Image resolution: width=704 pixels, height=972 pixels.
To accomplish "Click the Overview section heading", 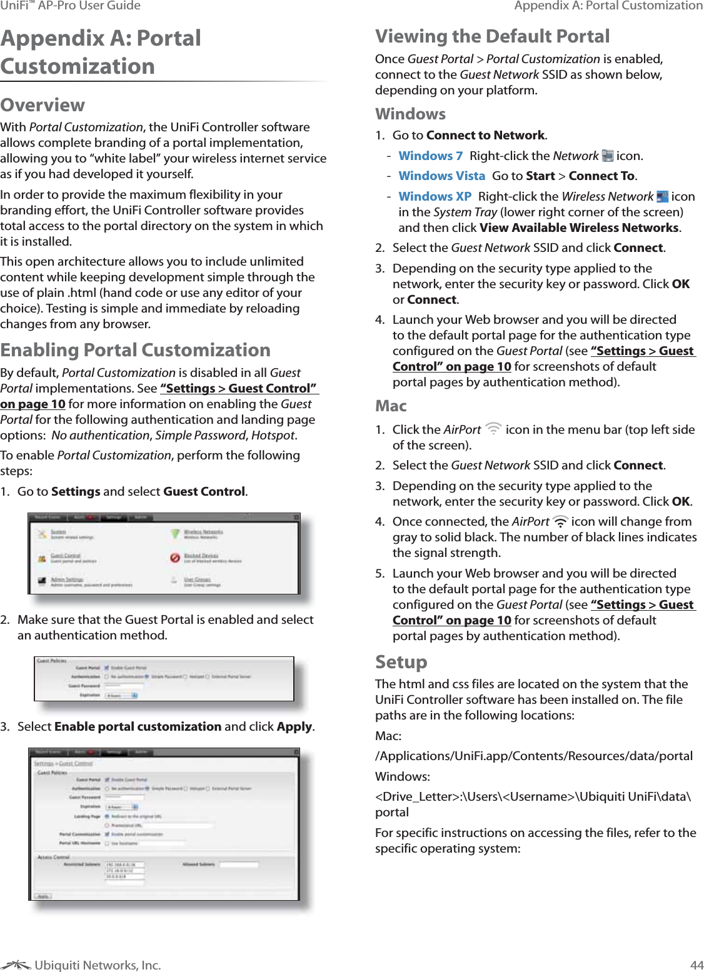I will pos(43,105).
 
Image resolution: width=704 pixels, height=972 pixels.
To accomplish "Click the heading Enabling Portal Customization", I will pos(136,350).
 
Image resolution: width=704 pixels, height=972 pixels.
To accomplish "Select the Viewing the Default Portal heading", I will pos(492,36).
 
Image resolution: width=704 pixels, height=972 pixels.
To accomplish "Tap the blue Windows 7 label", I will pos(430,156).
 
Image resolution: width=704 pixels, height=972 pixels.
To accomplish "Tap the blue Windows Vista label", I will pos(441,176).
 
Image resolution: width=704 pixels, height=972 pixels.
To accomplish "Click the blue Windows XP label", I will pos(435,196).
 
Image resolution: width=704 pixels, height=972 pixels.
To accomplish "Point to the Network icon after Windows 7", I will pos(607,156).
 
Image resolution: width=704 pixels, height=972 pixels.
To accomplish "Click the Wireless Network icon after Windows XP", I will pos(662,196).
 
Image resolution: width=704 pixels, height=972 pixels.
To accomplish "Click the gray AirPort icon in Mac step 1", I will pos(493,429).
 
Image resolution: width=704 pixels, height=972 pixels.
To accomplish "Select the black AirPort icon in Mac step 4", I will pos(560,521).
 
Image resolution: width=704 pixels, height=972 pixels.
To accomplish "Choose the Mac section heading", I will pos(391,406).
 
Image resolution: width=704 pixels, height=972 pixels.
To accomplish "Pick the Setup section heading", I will pos(401,662).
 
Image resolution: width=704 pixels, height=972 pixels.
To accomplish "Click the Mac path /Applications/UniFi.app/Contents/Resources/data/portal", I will pos(533,756).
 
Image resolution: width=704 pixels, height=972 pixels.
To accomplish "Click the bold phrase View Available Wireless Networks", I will pos(579,228).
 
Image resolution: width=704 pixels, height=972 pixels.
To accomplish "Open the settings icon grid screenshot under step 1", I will pos(164,554).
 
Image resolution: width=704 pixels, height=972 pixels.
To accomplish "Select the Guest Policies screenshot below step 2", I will pos(164,679).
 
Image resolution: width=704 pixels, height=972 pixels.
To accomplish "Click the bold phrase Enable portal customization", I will pos(138,726).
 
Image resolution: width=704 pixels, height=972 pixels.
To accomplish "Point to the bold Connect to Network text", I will pos(485,135).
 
